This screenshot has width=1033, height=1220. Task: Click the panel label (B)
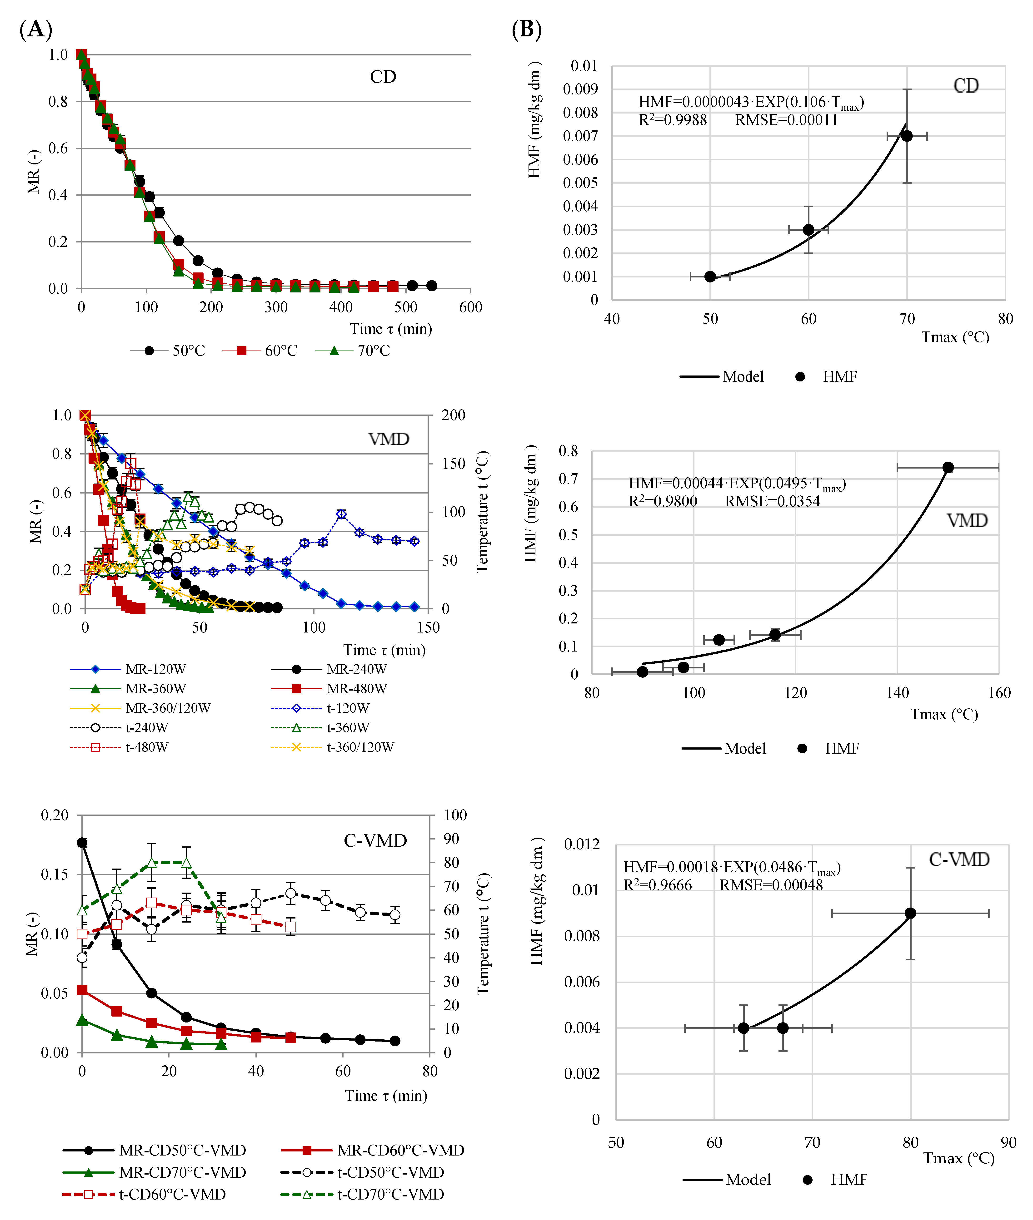coord(526,29)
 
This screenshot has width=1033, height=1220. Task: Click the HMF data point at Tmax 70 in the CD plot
coord(907,136)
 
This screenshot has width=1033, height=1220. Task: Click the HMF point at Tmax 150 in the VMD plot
coord(948,467)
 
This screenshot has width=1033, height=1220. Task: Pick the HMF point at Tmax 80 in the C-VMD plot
coord(910,913)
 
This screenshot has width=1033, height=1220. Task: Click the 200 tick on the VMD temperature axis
coord(453,415)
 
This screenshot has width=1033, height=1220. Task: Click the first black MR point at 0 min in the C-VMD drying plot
coord(82,842)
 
